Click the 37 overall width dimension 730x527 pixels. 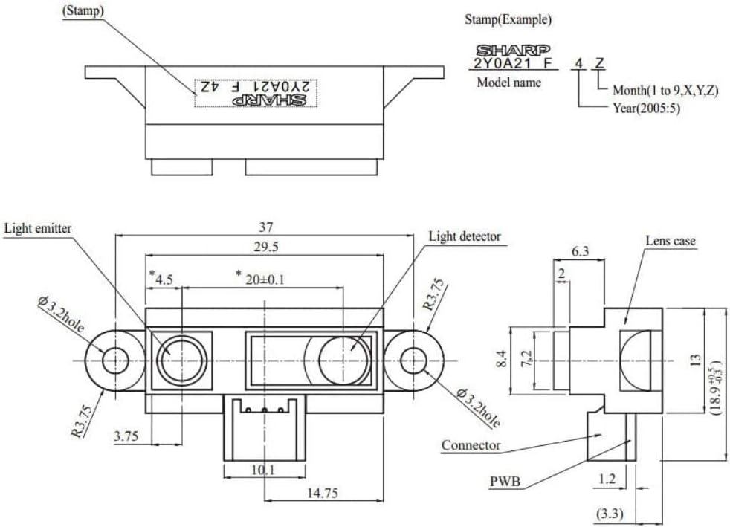point(266,227)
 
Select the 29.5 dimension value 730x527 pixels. point(266,248)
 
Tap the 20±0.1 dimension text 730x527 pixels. point(265,279)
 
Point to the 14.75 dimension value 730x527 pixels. point(322,493)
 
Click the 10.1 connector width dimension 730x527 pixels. point(263,470)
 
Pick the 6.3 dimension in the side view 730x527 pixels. point(580,251)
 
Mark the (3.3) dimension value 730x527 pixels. point(610,514)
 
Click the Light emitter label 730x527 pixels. point(38,229)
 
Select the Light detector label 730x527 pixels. point(465,236)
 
